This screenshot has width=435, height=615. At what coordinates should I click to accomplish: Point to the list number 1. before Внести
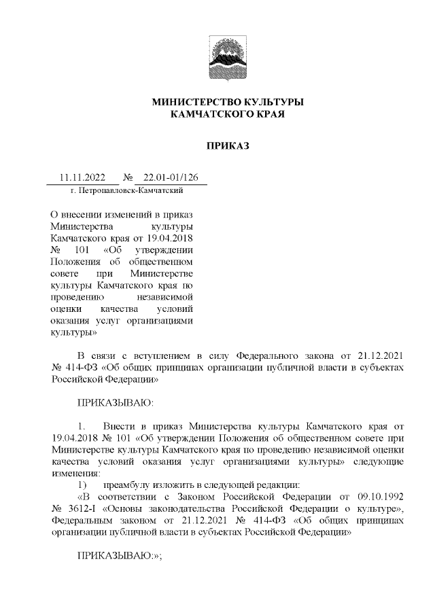click(82, 425)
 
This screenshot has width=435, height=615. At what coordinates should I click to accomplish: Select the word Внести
click(122, 425)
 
